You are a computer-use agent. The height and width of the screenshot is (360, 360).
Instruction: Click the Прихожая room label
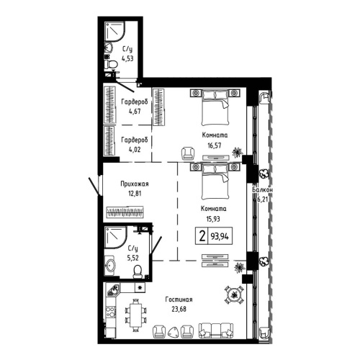click(134, 184)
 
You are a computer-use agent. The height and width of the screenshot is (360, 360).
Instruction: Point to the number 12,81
click(134, 193)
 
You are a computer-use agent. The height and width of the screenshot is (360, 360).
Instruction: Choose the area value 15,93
click(213, 218)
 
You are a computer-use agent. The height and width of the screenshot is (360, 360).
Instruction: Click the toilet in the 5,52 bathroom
click(136, 270)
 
